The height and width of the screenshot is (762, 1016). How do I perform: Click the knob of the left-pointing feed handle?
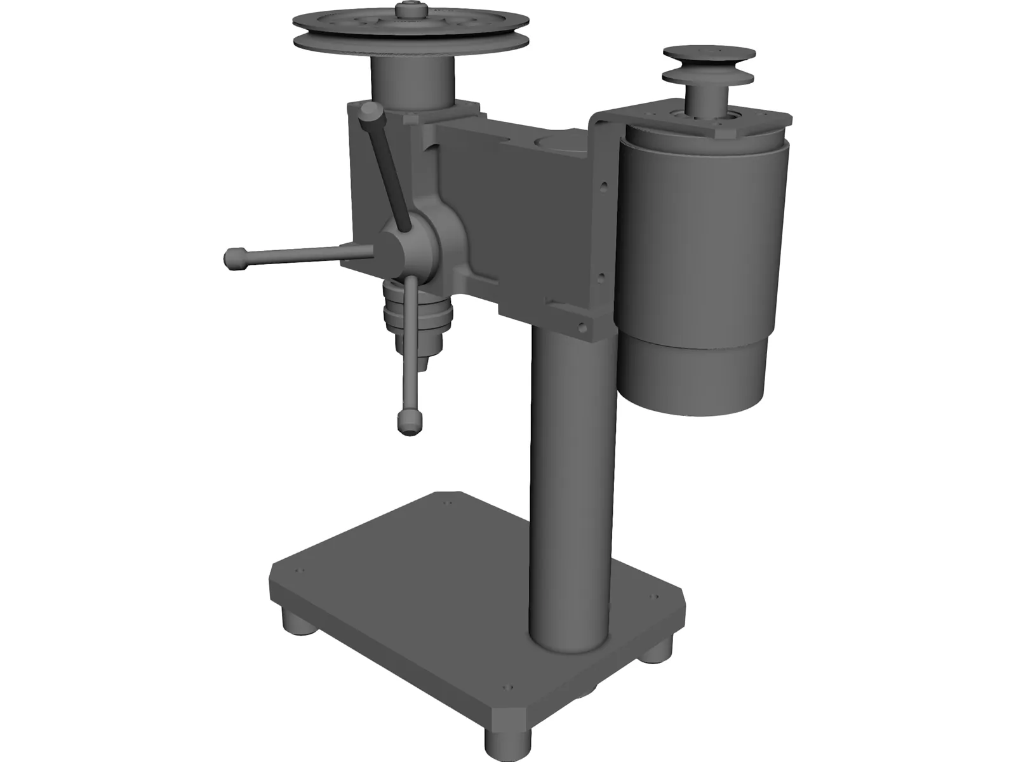(x=236, y=259)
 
